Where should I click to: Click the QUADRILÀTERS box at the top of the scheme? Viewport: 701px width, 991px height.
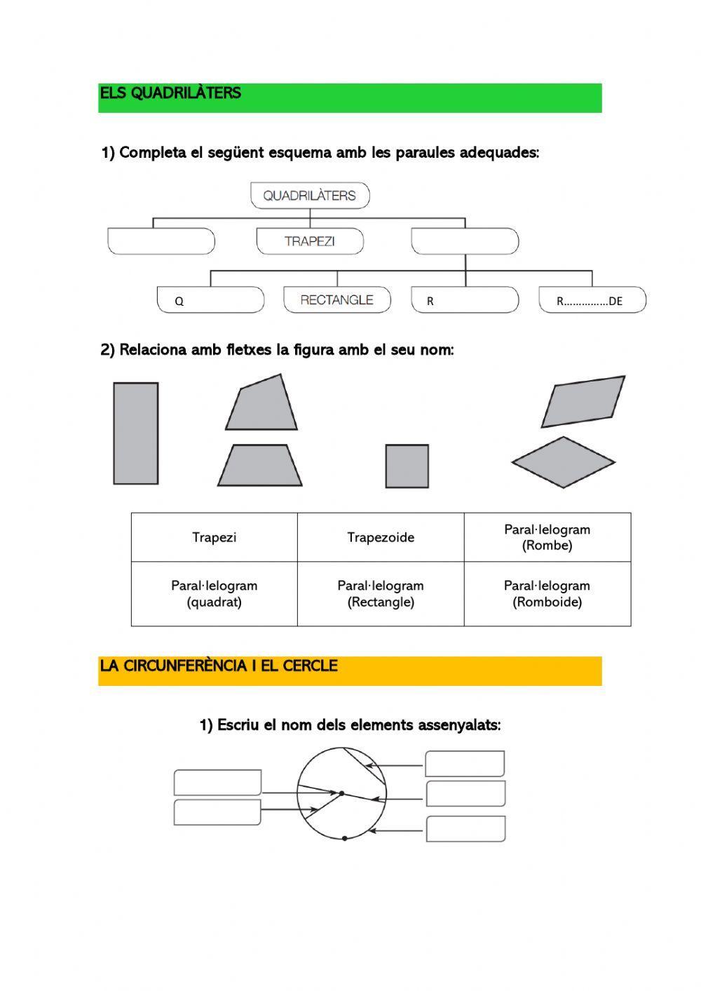coord(310,196)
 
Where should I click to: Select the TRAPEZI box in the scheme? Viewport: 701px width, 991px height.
coord(310,241)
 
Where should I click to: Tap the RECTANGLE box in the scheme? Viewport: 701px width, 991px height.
coord(337,299)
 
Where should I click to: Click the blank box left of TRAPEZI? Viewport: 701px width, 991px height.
coord(161,241)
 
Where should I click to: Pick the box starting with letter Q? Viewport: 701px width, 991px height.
coord(210,300)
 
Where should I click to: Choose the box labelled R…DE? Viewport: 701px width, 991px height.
coord(592,300)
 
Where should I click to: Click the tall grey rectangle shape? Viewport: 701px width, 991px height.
coord(136,433)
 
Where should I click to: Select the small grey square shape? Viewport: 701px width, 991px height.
coord(407,466)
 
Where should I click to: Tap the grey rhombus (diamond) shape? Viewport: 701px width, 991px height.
coord(563,462)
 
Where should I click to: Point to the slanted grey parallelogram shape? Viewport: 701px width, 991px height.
coord(583,402)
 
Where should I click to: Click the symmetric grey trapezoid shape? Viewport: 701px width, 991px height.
coord(260,466)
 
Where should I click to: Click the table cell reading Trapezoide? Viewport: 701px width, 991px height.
coord(381,538)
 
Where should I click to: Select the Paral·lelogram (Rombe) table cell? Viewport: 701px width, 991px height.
coord(547,538)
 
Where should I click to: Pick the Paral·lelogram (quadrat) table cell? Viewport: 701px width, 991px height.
coord(214,594)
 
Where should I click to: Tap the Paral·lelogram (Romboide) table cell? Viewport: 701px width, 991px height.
coord(547,594)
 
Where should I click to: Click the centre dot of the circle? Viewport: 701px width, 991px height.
coord(341,793)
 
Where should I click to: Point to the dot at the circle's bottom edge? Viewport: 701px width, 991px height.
coord(344,838)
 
